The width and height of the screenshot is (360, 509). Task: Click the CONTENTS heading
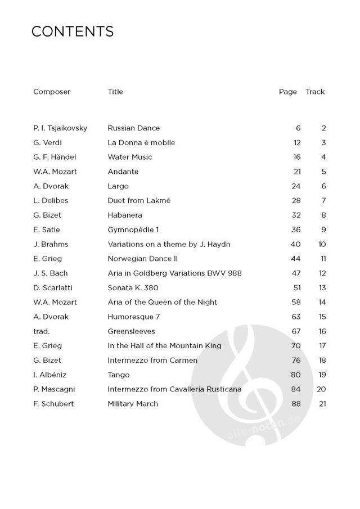click(x=73, y=31)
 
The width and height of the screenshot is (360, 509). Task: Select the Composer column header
click(x=52, y=92)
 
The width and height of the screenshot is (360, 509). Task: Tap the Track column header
click(x=315, y=92)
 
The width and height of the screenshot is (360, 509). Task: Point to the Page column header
click(x=287, y=92)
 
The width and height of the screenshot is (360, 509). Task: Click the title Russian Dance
click(x=134, y=128)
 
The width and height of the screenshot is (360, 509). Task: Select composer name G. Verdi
click(x=49, y=143)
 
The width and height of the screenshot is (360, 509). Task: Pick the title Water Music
click(x=130, y=157)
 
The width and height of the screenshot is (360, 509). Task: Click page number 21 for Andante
click(x=297, y=172)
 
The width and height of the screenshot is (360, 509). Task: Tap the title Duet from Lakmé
click(x=139, y=201)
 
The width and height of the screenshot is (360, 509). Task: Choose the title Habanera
click(x=125, y=215)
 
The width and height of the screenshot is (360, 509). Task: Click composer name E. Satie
click(x=47, y=229)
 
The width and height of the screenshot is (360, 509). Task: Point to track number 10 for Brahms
click(x=322, y=244)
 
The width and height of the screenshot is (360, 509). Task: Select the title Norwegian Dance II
click(x=143, y=259)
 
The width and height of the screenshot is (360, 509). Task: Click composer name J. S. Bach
click(x=51, y=273)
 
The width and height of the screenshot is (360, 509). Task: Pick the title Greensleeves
click(x=132, y=331)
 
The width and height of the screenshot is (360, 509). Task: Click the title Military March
click(x=133, y=404)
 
